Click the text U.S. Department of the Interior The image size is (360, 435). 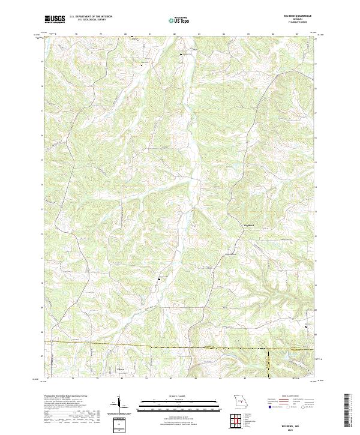tap(91, 17)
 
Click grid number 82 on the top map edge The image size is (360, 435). tap(174, 34)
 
